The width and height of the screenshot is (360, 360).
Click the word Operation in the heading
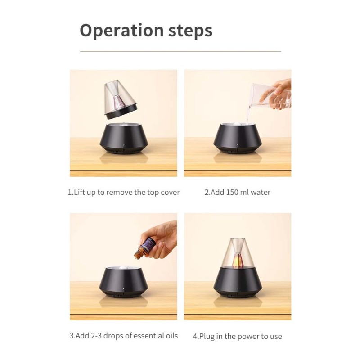click(121, 31)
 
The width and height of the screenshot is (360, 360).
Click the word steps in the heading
click(190, 31)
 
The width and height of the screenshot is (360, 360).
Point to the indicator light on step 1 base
click(124, 145)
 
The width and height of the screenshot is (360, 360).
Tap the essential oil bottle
click(144, 249)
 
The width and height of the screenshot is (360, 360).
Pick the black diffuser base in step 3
click(123, 282)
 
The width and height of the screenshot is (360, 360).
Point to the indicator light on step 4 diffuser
click(238, 288)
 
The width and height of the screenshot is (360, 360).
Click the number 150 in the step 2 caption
click(232, 192)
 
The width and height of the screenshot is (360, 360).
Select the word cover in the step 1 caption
click(170, 193)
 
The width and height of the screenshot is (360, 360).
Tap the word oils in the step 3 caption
click(172, 336)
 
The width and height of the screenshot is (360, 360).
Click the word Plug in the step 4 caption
click(207, 337)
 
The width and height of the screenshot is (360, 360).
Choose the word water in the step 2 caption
click(261, 193)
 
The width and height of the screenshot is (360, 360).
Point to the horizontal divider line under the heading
click(180, 51)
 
